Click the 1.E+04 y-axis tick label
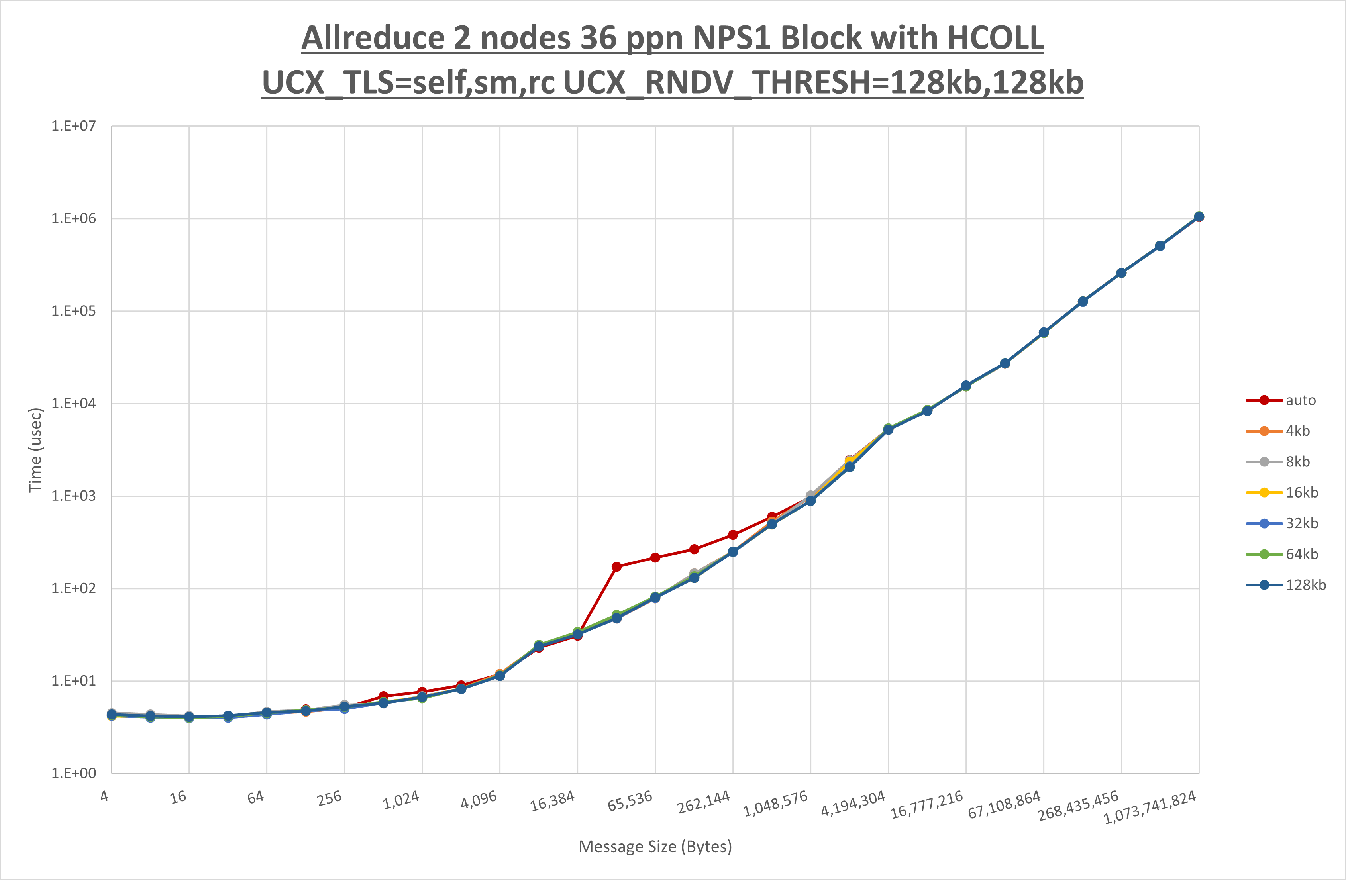(x=74, y=403)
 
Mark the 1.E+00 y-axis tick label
(x=74, y=773)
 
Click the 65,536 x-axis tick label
(x=630, y=801)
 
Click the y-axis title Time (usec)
(x=35, y=450)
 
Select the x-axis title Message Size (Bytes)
(x=655, y=846)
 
